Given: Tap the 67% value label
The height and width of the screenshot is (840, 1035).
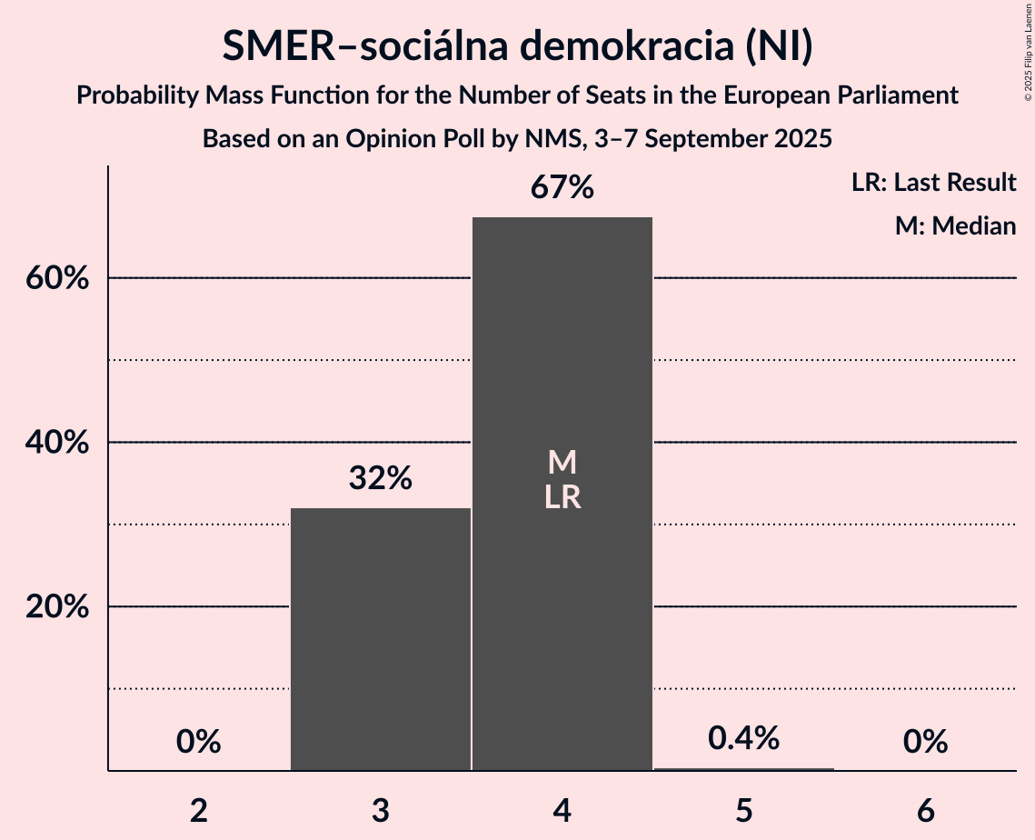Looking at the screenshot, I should (x=562, y=188).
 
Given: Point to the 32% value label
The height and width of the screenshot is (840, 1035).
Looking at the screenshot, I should (x=381, y=478).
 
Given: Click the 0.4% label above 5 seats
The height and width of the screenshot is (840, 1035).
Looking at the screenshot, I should (x=744, y=738).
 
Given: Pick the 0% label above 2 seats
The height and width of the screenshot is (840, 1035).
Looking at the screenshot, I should (x=199, y=742).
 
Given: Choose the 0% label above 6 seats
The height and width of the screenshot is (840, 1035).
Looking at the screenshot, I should (x=926, y=742).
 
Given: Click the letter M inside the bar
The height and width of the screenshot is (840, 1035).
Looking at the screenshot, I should (x=562, y=463).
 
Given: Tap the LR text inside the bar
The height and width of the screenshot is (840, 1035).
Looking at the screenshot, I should (x=562, y=497).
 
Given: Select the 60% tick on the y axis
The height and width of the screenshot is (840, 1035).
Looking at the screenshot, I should (x=57, y=278).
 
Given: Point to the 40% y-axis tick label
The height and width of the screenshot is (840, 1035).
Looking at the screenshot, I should (x=57, y=443).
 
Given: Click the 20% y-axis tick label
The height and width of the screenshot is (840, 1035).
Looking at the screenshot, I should (x=57, y=606).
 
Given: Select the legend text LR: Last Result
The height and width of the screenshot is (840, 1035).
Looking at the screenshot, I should (x=934, y=183).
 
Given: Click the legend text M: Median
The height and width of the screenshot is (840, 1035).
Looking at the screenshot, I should (x=955, y=225).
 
